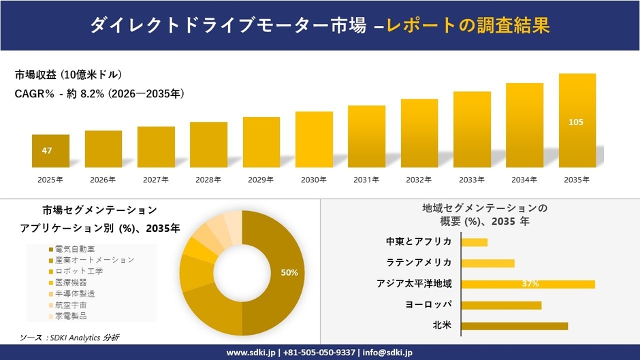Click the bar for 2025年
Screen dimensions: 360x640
pyautogui.click(x=50, y=151)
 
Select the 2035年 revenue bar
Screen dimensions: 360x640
pyautogui.click(x=577, y=121)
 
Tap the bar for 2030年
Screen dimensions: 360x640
pyautogui.click(x=314, y=140)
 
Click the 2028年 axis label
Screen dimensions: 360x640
pyautogui.click(x=208, y=180)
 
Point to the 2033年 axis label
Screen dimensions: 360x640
pyautogui.click(x=472, y=180)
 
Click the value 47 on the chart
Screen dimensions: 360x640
pyautogui.click(x=47, y=150)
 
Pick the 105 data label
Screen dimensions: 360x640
pyautogui.click(x=576, y=122)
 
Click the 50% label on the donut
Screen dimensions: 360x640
pyautogui.click(x=289, y=272)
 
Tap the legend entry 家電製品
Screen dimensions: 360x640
pyautogui.click(x=71, y=316)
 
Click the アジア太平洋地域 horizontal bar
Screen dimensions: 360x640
pyautogui.click(x=528, y=284)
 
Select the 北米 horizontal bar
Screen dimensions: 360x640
pyautogui.click(x=514, y=326)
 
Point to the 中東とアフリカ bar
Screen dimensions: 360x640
pyautogui.click(x=474, y=242)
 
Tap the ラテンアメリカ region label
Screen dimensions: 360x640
pyautogui.click(x=419, y=263)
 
